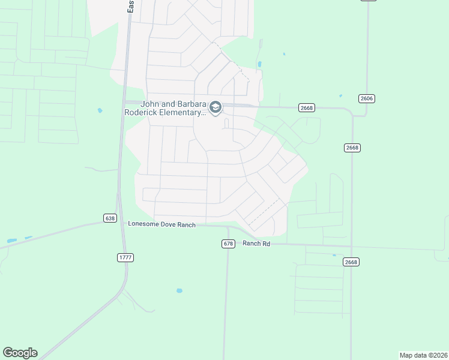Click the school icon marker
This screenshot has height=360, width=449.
[x=215, y=107]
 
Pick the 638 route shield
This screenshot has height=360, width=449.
[x=109, y=218]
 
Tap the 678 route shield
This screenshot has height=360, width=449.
[x=228, y=243]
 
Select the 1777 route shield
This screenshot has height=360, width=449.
[x=125, y=257]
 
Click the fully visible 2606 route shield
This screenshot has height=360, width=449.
[x=366, y=98]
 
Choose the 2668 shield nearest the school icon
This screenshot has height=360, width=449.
[x=306, y=107]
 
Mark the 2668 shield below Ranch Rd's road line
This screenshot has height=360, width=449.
[x=351, y=262]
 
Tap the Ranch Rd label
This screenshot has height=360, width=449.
[x=256, y=243]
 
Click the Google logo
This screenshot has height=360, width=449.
[x=20, y=353]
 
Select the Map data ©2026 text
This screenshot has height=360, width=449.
[x=423, y=355]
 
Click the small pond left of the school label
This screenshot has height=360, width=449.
[x=100, y=110]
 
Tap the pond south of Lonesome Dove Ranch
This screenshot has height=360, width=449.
[x=179, y=291]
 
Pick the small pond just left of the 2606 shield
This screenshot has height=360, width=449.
[x=340, y=95]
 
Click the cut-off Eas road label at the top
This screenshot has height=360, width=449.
[x=130, y=7]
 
